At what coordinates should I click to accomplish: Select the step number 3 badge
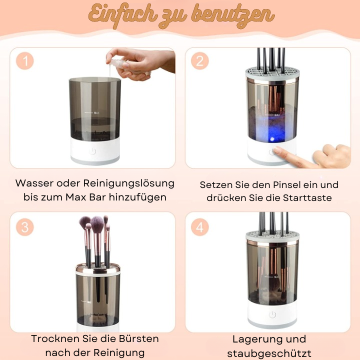pos(24,227)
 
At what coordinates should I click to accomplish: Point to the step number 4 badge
pos(199,227)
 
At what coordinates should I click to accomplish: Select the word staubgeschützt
pos(269,353)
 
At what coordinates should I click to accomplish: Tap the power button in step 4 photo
pos(272,315)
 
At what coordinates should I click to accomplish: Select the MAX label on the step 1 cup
pos(96,113)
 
